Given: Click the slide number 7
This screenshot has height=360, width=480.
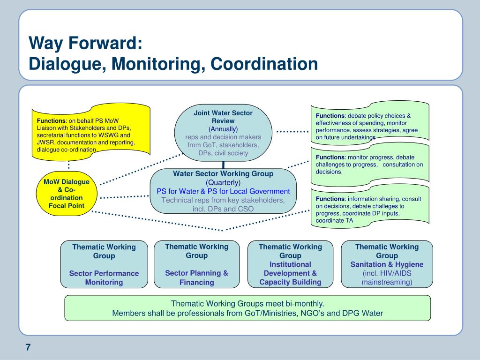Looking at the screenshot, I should point(28,347).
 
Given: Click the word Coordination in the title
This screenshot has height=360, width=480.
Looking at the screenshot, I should point(264,64).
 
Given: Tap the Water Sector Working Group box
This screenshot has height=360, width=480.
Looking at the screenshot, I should point(223,191).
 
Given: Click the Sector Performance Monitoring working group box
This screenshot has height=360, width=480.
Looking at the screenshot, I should point(104,264).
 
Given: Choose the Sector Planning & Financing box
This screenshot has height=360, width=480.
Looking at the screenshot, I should point(196,264).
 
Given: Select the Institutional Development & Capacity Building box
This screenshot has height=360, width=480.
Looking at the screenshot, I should point(290,264).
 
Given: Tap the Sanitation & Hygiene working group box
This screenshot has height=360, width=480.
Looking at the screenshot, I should point(387,264).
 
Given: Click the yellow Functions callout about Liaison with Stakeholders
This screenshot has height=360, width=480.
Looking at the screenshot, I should point(91,131).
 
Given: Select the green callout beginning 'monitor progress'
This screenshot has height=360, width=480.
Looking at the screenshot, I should point(370,164).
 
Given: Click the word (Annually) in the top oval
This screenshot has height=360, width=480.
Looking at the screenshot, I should point(223,129).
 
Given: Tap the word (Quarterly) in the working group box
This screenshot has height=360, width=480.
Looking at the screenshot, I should point(223,182).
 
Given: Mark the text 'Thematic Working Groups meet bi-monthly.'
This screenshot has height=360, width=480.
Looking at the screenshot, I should point(247,303).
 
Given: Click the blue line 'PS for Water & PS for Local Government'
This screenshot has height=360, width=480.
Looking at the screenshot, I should point(223,191).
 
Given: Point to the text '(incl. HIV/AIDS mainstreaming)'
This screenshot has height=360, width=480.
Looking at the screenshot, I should point(387,277).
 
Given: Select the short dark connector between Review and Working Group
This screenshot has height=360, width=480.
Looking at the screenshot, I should point(223,164).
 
